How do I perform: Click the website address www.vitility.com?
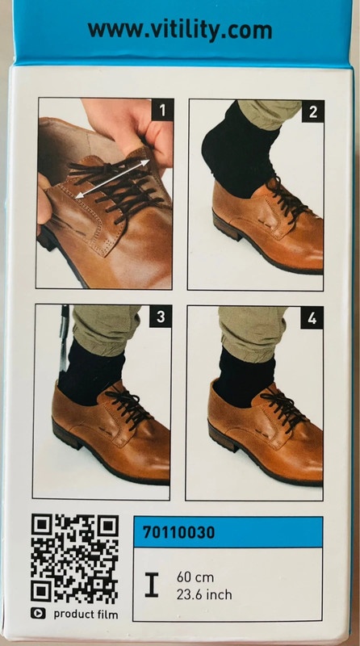pos(180,31)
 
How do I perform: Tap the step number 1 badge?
pos(162,110)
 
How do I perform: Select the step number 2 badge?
pos(313,111)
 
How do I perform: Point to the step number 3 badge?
pos(161,317)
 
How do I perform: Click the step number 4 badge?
pos(312,317)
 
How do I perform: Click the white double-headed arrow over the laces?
pos(112,179)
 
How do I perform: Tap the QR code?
pos(74,558)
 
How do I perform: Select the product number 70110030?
pos(178,533)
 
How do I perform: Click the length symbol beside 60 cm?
pos(152,585)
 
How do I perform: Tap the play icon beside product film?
pos(38,614)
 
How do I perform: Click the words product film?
pos(86,615)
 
